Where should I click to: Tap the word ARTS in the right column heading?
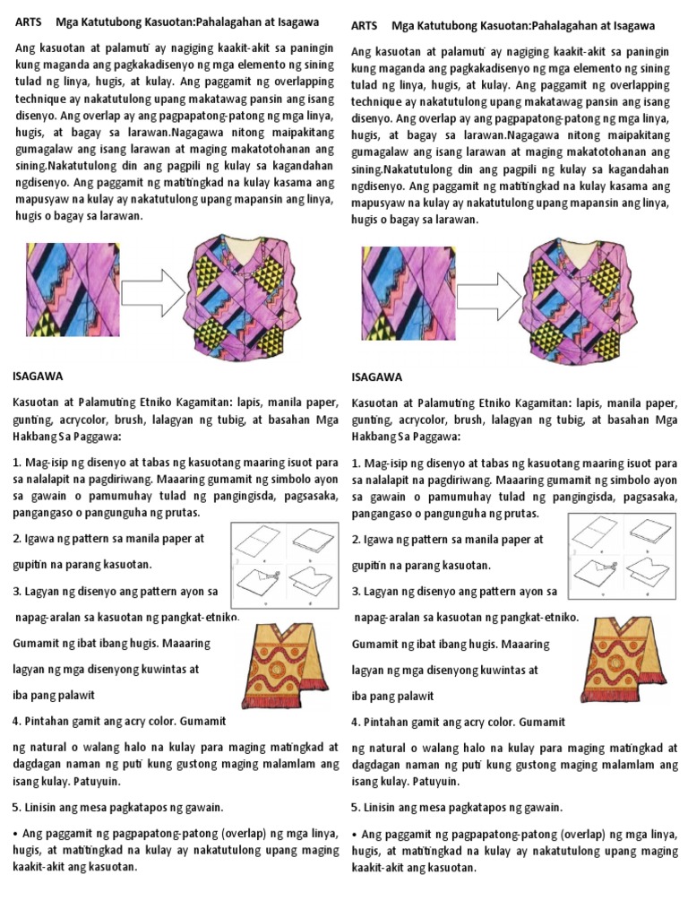click(x=364, y=26)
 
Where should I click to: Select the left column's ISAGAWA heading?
click(x=39, y=377)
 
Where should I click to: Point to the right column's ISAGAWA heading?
click(x=377, y=377)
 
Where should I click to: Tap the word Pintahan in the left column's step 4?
click(x=50, y=722)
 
